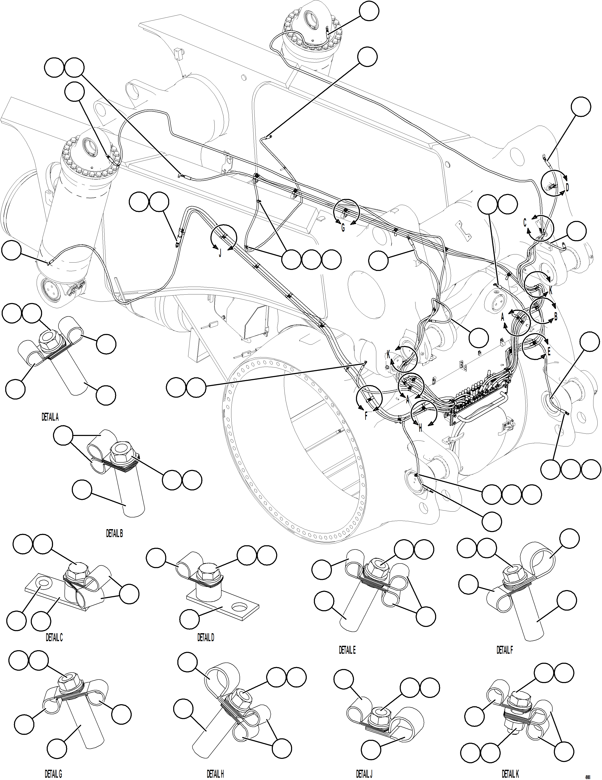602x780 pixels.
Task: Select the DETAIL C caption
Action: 54,637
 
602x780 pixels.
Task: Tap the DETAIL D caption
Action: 206,637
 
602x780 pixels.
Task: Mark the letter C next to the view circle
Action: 525,223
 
